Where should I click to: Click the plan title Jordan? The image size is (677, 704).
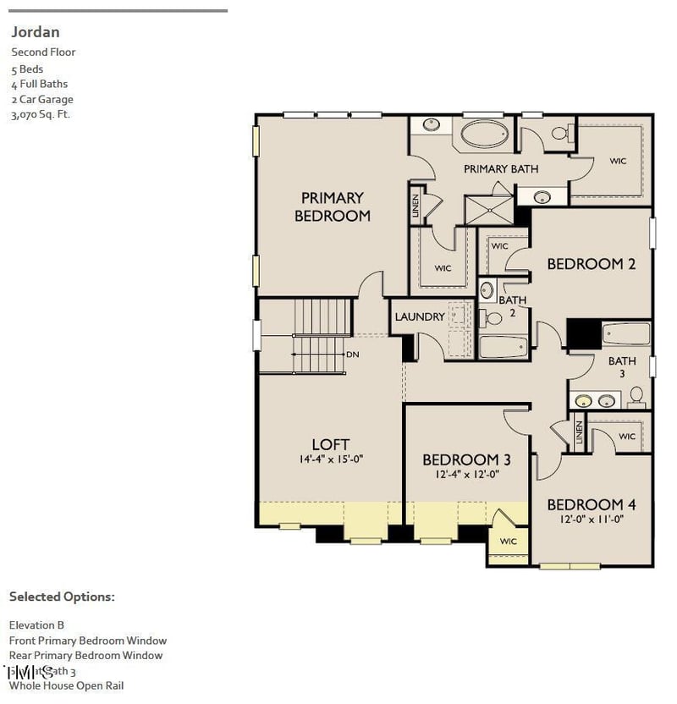pyautogui.click(x=35, y=32)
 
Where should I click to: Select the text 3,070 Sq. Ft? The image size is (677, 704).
pyautogui.click(x=40, y=114)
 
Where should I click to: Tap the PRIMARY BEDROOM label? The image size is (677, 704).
pyautogui.click(x=332, y=207)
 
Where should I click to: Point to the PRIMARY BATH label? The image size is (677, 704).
pyautogui.click(x=501, y=169)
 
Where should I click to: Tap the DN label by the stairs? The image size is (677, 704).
pyautogui.click(x=353, y=354)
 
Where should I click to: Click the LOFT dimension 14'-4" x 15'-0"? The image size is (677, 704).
pyautogui.click(x=330, y=459)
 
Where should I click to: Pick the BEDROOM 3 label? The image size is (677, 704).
pyautogui.click(x=466, y=459)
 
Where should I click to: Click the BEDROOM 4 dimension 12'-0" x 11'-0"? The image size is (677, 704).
pyautogui.click(x=591, y=520)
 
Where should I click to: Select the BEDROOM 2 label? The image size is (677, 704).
pyautogui.click(x=591, y=264)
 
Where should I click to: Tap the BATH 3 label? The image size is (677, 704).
pyautogui.click(x=622, y=367)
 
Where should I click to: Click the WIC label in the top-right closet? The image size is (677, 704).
pyautogui.click(x=618, y=161)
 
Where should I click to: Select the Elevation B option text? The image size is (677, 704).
pyautogui.click(x=36, y=624)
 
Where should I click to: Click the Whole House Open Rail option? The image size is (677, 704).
pyautogui.click(x=66, y=685)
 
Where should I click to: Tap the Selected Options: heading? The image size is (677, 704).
pyautogui.click(x=61, y=597)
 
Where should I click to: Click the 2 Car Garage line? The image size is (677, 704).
pyautogui.click(x=42, y=99)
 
